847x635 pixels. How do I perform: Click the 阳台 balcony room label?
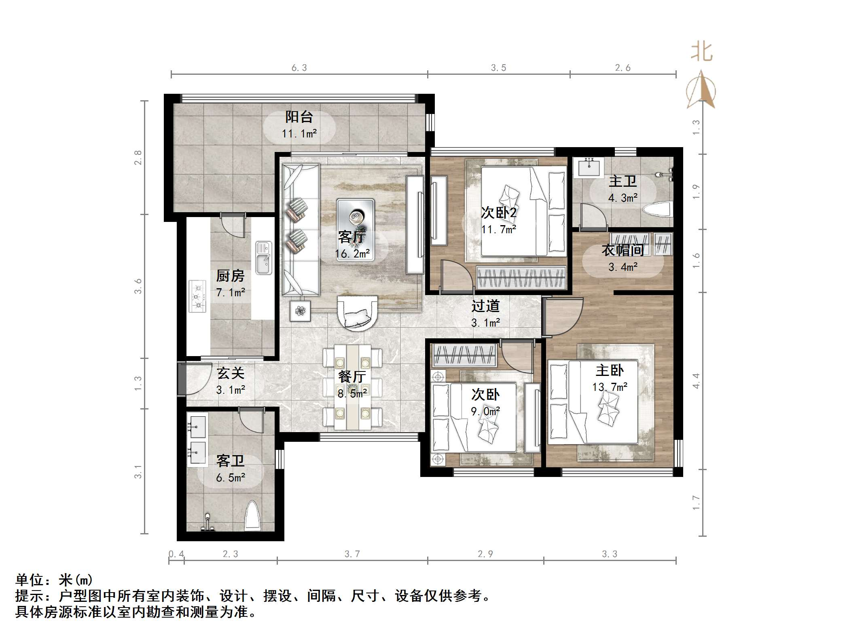pos(299,117)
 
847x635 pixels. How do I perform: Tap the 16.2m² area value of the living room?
pos(352,254)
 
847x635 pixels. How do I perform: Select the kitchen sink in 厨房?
pos(264,257)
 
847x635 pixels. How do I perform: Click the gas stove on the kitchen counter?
pos(198,296)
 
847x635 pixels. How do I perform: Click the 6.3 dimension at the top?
pos(299,68)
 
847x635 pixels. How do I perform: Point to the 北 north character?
pos(701,53)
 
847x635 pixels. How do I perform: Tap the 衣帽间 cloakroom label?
pos(623,250)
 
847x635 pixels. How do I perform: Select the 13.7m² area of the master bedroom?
pos(610,387)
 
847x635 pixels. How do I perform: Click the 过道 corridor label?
pos(485,306)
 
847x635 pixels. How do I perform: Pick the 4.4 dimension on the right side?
pos(696,381)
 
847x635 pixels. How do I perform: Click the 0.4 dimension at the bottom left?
pos(176,554)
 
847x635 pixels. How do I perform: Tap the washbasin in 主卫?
pos(589,167)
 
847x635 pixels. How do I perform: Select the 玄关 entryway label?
pos(231,373)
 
